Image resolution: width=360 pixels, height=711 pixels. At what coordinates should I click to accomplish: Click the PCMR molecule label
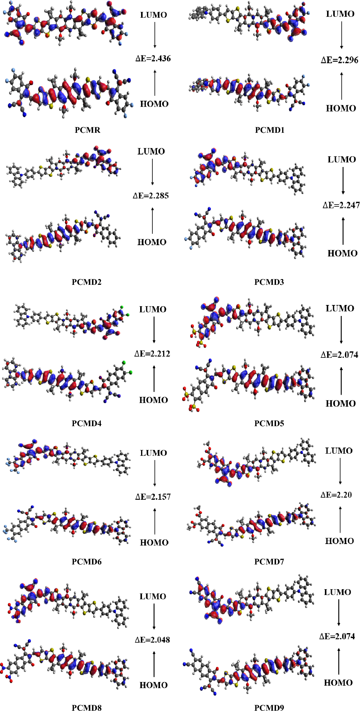[x=87, y=130]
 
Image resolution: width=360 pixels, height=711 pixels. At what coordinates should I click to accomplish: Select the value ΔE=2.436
[x=153, y=59]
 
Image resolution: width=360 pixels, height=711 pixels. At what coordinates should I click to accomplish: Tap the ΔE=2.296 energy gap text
[x=339, y=60]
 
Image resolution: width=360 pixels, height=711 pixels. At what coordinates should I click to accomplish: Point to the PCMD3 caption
[x=269, y=282]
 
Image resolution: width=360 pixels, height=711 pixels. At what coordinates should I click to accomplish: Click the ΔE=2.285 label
[x=151, y=196]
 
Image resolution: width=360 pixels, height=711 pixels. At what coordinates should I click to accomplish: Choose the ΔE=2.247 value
[x=341, y=205]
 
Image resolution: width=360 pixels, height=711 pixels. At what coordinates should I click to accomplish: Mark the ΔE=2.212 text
[x=152, y=354]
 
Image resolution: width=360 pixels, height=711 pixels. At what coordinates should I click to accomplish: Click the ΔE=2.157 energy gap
[x=153, y=497]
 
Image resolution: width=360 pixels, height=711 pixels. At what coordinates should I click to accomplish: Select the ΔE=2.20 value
[x=336, y=495]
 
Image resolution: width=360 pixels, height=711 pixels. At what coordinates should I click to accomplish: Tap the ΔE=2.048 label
[x=152, y=640]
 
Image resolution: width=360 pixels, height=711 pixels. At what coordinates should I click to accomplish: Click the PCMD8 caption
[x=86, y=708]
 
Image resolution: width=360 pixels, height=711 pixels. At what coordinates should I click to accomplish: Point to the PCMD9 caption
[x=269, y=708]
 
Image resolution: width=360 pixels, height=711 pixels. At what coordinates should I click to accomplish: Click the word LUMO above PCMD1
[x=340, y=14]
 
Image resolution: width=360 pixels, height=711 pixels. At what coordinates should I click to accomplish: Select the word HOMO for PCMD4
[x=153, y=400]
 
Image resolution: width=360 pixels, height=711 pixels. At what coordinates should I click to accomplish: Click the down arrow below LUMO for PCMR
[x=155, y=35]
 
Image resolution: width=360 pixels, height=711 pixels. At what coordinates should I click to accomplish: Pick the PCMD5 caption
[x=269, y=423]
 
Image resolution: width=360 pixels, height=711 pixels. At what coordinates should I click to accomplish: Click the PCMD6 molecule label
[x=86, y=562]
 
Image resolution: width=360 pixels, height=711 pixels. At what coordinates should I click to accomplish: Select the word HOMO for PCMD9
[x=338, y=683]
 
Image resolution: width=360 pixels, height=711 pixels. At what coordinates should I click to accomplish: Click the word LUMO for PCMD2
[x=151, y=151]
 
